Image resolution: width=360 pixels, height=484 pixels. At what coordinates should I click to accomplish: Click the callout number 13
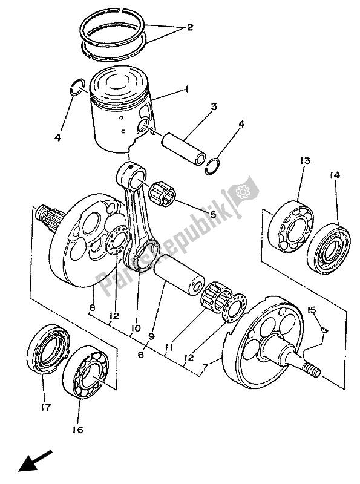tap(304, 161)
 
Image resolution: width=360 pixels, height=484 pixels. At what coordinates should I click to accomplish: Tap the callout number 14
tap(335, 175)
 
